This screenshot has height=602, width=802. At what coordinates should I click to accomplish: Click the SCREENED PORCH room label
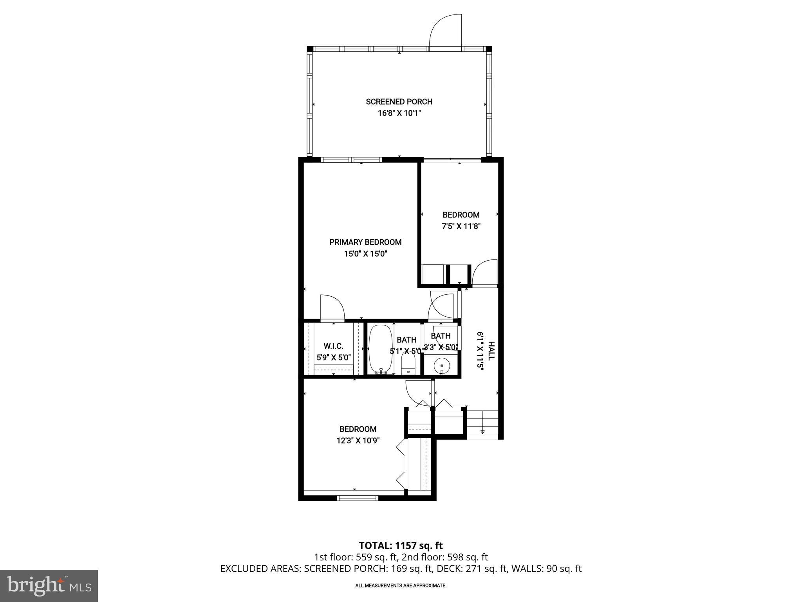[x=399, y=102]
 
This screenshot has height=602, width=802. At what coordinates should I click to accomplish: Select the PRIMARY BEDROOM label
[x=365, y=242]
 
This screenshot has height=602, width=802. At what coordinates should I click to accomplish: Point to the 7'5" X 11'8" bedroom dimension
[x=461, y=227]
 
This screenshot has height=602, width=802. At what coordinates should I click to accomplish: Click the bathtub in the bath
[x=380, y=349]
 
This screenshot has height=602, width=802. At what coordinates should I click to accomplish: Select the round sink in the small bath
[x=442, y=366]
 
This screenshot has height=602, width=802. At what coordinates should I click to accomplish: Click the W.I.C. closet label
[x=333, y=346]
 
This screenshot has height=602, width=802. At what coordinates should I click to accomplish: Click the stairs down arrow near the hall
[x=482, y=432]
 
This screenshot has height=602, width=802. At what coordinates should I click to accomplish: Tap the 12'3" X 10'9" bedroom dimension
[x=358, y=441]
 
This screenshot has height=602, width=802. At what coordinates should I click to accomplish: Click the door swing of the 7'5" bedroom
[x=485, y=273]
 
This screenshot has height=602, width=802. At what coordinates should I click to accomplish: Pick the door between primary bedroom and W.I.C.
[x=332, y=309]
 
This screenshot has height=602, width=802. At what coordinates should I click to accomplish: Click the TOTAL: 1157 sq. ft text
[x=401, y=546]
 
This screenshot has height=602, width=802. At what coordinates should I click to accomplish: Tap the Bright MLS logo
[x=49, y=586]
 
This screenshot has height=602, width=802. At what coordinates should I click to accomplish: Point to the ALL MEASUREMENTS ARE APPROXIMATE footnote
[x=401, y=586]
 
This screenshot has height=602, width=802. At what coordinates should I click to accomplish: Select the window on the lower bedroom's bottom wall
[x=358, y=498]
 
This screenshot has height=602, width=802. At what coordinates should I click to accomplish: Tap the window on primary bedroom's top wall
[x=351, y=160]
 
